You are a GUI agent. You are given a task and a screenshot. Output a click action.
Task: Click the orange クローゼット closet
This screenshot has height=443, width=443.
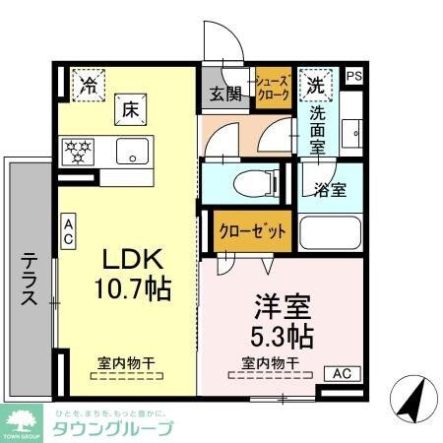pos(251,232)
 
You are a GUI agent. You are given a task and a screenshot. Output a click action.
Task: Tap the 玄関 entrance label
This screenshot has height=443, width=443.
pos(225,95)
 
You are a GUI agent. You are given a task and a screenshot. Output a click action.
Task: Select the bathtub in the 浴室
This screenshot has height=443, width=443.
pos(330,232)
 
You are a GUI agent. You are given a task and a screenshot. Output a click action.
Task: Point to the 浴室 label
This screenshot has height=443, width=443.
pos(330,189)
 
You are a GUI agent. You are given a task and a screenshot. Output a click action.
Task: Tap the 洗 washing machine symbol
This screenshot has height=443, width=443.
pos(314,85)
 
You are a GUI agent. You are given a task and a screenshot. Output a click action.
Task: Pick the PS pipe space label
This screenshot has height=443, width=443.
pos(352,75)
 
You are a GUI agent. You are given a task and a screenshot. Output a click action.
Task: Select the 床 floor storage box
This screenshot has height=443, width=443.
pos(130,109)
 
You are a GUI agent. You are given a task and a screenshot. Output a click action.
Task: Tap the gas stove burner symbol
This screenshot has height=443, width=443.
pos(78,152)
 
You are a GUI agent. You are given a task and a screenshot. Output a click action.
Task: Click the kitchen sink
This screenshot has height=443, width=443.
pos(129,152)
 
